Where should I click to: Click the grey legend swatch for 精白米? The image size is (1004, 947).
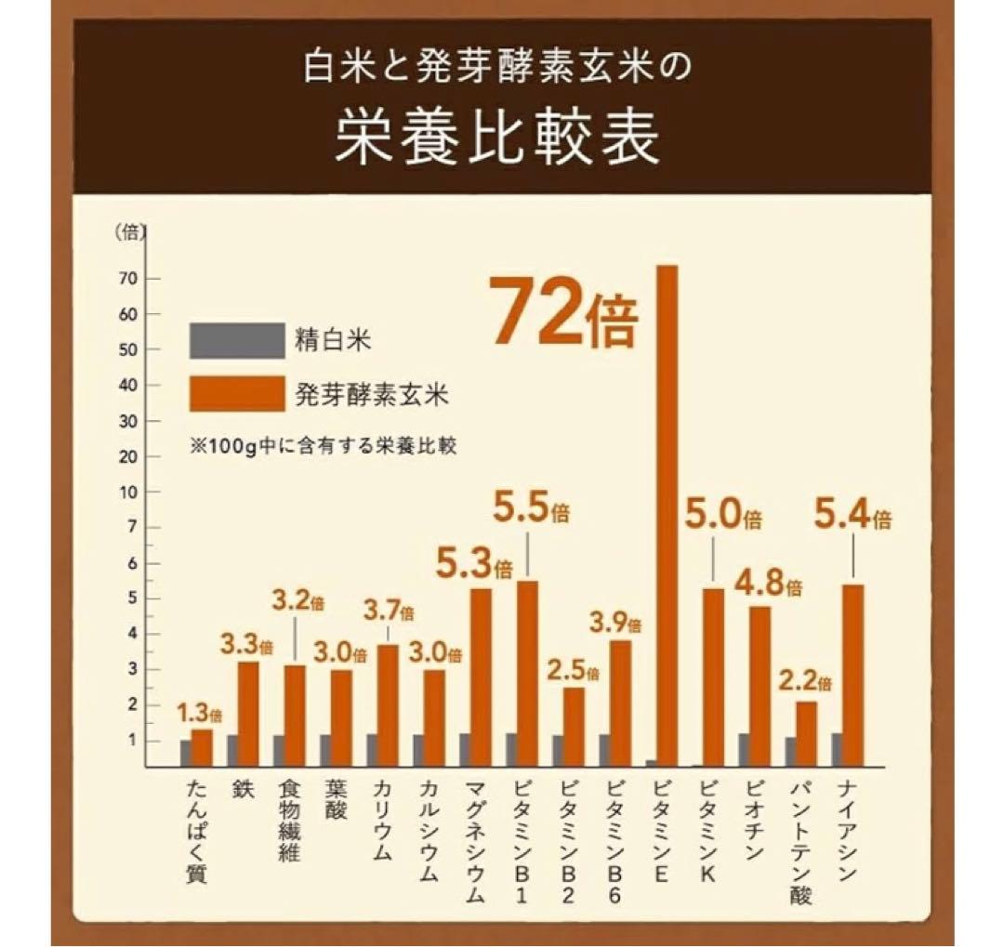pos(237,341)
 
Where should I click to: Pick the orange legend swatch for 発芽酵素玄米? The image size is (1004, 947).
pos(237,393)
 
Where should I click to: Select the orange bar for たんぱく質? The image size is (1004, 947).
pos(202,747)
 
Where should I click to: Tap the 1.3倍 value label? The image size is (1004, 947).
pos(200,715)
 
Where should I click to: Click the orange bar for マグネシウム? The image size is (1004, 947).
pos(481,677)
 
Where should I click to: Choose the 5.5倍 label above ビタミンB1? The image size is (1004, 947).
pos(531,513)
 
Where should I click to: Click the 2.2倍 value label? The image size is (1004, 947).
pos(805,682)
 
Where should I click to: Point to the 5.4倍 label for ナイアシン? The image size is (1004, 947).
pos(852,515)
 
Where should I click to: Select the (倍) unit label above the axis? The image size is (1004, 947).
pos(130,233)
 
